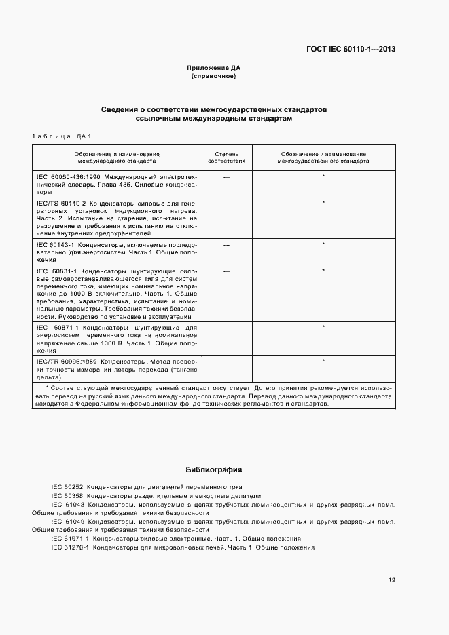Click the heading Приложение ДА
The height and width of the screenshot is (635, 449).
coord(214,69)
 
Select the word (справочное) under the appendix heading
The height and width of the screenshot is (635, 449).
coord(214,77)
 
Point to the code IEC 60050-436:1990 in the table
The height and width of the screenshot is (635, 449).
coord(63,176)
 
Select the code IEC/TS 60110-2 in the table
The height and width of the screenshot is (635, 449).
coord(60,203)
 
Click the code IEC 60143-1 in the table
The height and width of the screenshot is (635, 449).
coord(56,244)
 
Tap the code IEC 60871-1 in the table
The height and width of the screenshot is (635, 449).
coord(58,328)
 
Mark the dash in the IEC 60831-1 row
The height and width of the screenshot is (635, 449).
coord(226,271)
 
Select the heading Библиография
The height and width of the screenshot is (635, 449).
coord(214,469)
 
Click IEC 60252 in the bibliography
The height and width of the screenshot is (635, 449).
coord(67,488)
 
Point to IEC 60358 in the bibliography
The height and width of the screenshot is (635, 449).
coord(67,496)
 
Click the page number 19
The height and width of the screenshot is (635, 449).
coord(392,579)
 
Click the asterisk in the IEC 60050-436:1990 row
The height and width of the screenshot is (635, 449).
coord(323,176)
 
